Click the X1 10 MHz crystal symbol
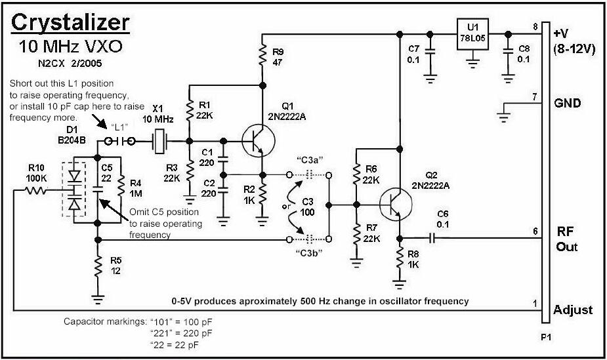159,141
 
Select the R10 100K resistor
37,191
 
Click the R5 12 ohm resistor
98,266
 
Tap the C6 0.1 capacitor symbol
432,237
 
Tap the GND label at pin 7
568,103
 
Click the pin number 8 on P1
535,26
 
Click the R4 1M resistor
120,190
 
